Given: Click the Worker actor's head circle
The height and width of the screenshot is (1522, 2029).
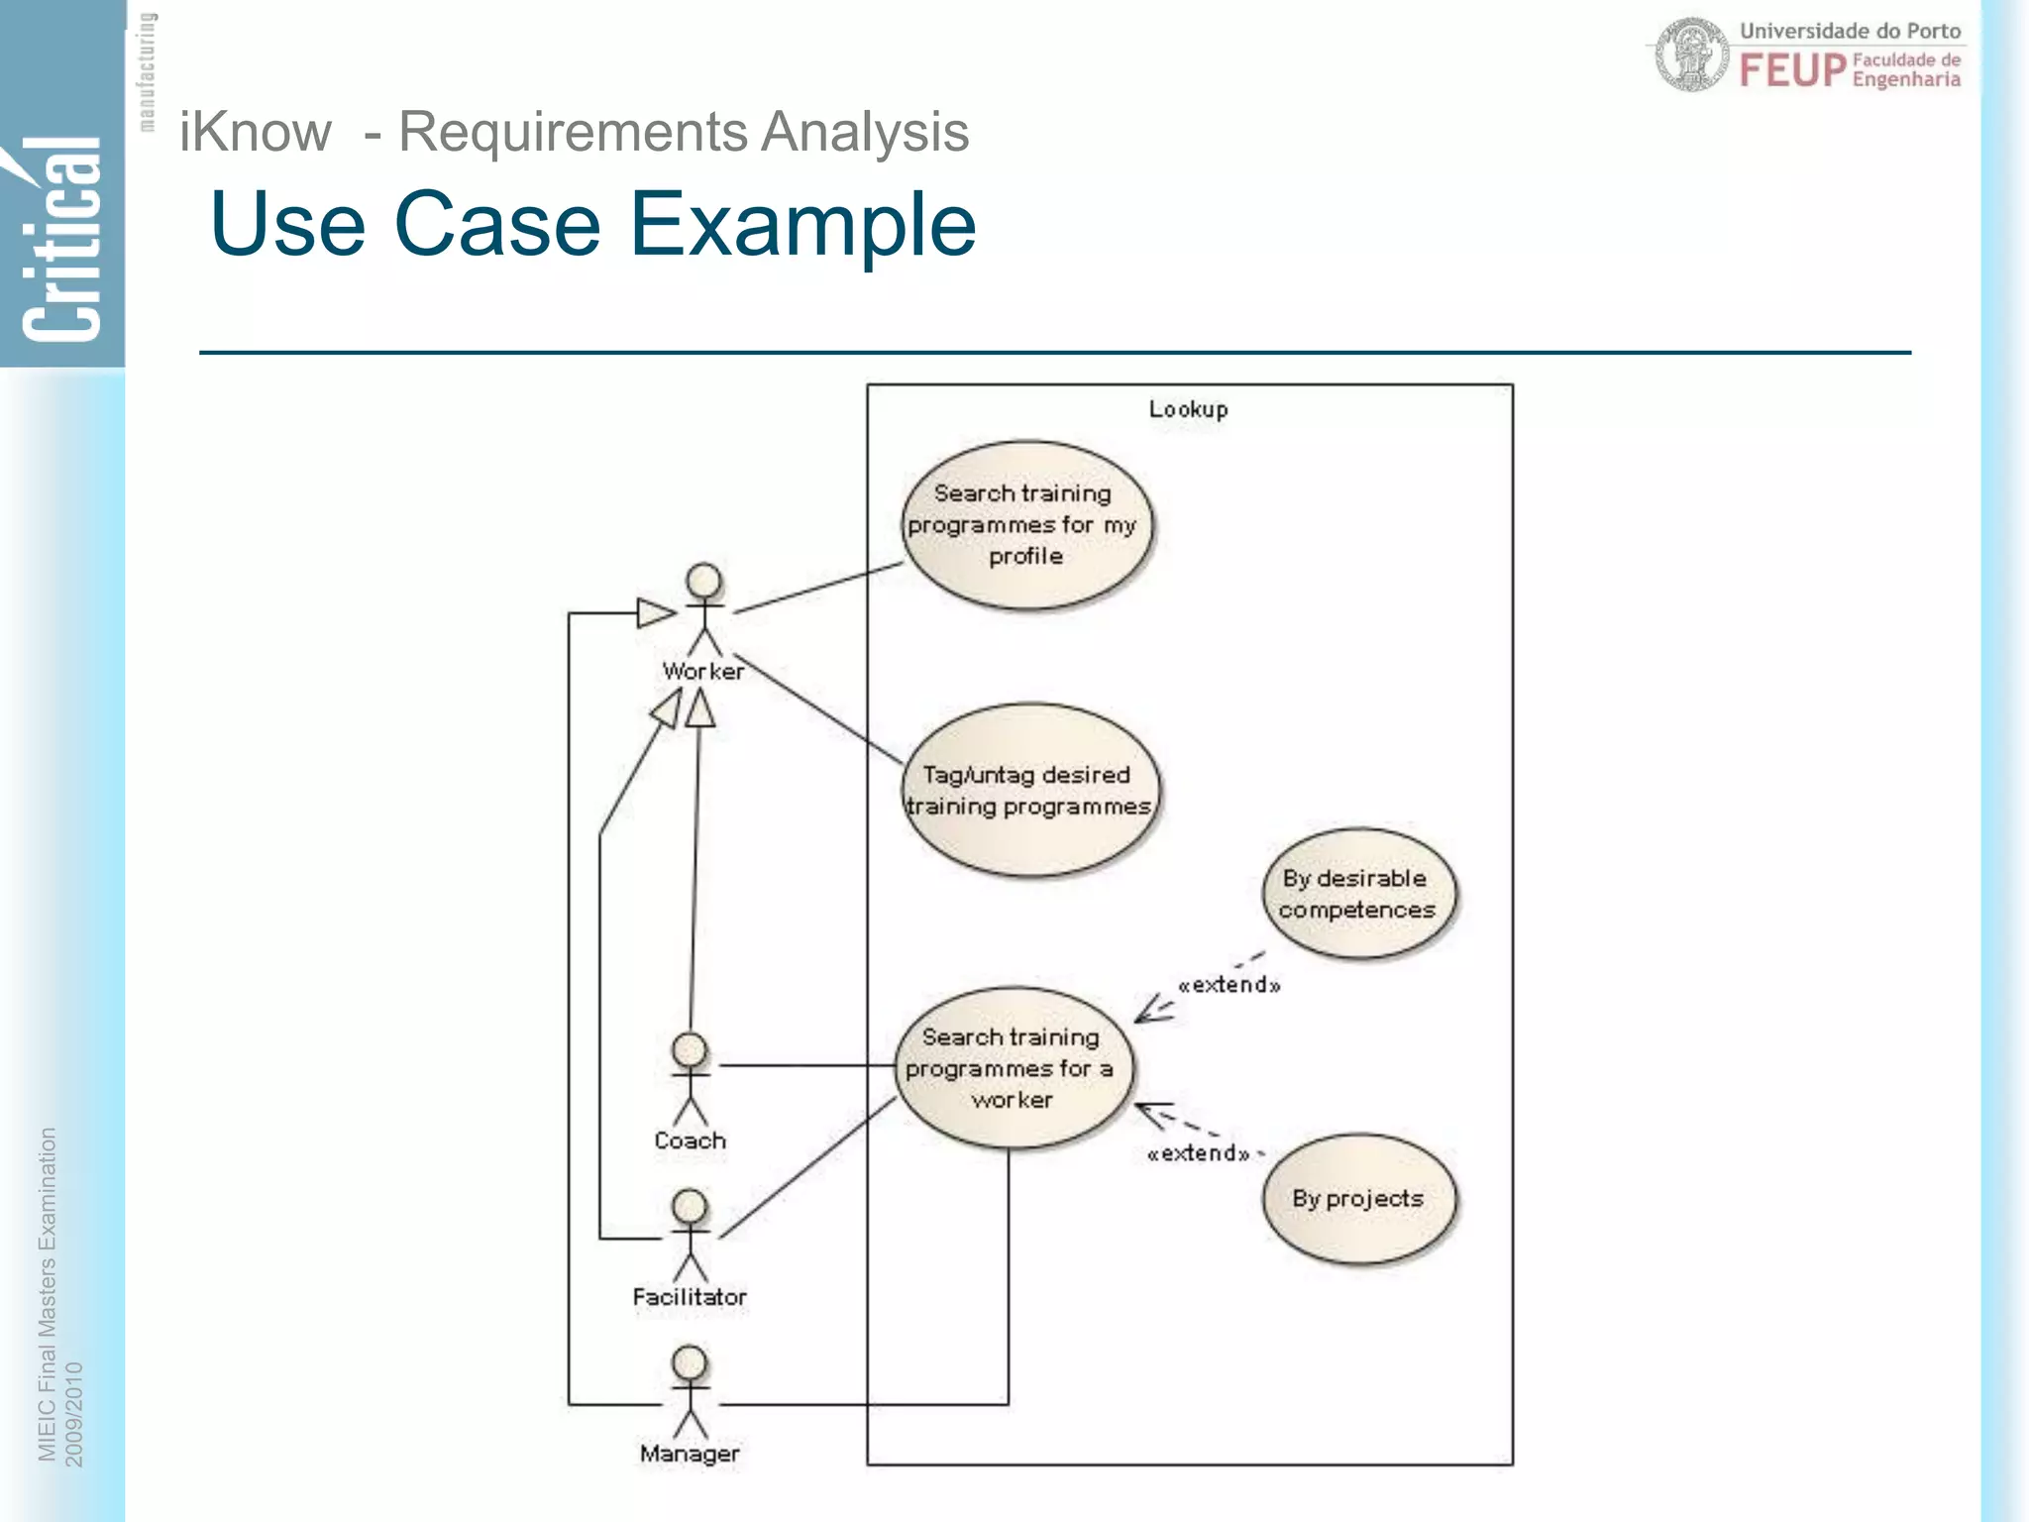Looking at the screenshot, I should tap(704, 581).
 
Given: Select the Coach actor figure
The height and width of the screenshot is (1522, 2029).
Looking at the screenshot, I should tap(690, 1079).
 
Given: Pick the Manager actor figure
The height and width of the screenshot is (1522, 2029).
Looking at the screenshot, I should tap(690, 1392).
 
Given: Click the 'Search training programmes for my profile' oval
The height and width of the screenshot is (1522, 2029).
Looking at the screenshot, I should tap(1026, 524).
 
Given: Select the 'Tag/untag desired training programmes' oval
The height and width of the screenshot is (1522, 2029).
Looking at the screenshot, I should tap(1029, 790).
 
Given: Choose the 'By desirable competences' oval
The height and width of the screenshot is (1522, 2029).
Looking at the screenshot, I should tap(1357, 894).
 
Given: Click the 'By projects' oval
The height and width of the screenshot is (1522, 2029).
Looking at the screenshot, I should tap(1358, 1199).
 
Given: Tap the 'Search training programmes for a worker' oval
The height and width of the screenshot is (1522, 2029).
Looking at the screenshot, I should tap(1012, 1068).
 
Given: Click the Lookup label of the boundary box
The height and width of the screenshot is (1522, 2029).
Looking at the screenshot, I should tap(1188, 409).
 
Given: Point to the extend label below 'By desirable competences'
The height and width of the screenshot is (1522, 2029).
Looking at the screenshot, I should tap(1228, 985).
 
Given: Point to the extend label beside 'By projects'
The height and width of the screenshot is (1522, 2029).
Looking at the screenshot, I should tap(1198, 1153).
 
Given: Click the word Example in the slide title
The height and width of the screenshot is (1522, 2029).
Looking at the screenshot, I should tap(802, 225).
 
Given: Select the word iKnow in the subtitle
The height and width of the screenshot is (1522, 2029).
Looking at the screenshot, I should tap(255, 132).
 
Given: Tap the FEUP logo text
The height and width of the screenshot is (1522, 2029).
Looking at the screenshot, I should tap(1793, 70).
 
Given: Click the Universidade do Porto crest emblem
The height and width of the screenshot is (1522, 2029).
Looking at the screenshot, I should tap(1691, 55).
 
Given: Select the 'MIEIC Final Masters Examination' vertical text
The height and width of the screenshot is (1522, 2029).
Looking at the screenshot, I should tap(47, 1293).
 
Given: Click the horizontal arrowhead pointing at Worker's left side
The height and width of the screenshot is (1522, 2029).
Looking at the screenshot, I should tap(655, 613).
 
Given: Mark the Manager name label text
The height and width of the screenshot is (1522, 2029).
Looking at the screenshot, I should tap(690, 1454).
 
